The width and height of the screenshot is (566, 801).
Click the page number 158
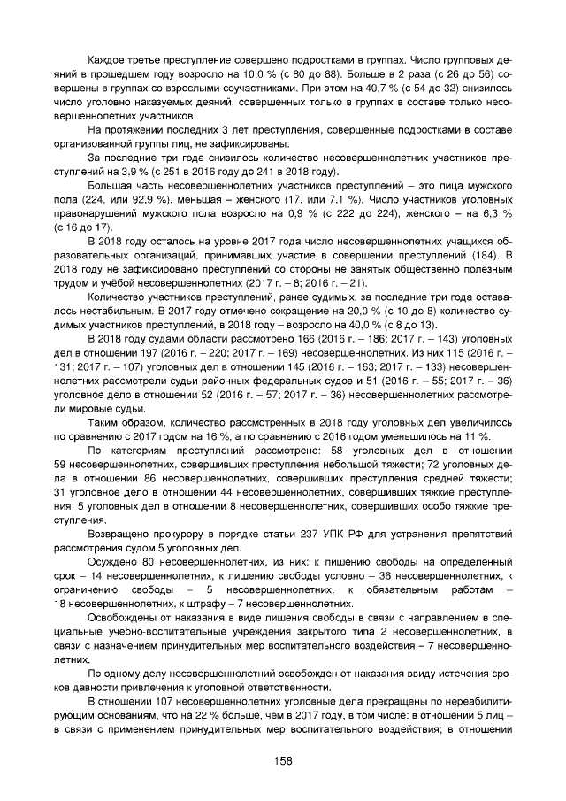click(x=283, y=760)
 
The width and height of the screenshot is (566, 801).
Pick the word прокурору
click(x=189, y=535)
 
